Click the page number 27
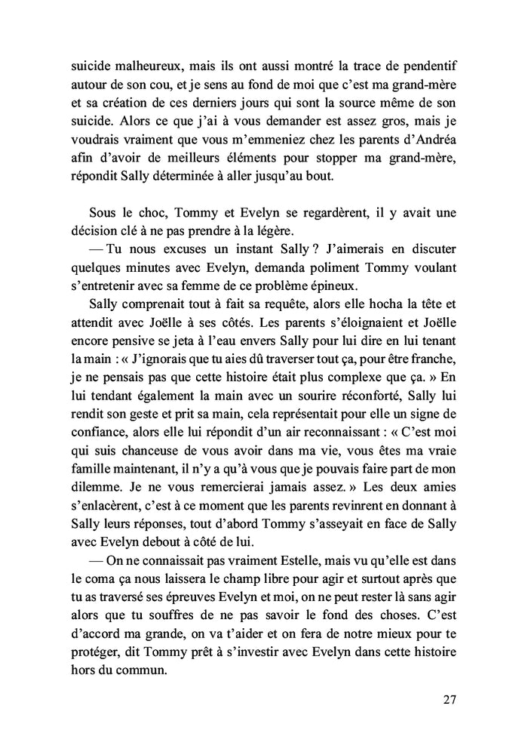pos(450,698)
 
